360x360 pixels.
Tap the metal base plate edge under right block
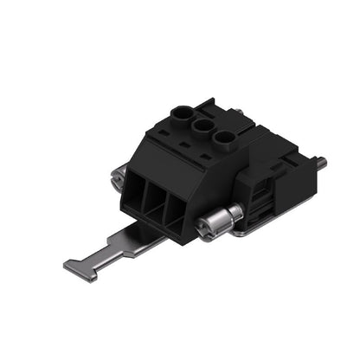coord(277,227)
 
